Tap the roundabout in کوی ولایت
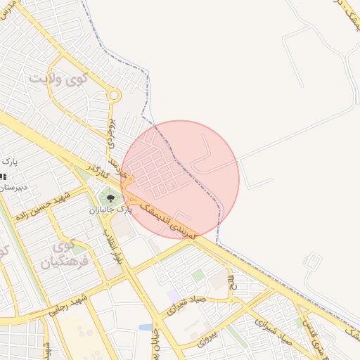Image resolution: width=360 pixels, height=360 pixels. [x=114, y=95]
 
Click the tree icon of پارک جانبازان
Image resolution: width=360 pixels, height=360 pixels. [x=110, y=198]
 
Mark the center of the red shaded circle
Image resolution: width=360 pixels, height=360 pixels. [x=180, y=179]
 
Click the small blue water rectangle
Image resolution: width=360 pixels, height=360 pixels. [x=146, y=327]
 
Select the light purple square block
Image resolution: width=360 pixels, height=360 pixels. [x=173, y=296]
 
